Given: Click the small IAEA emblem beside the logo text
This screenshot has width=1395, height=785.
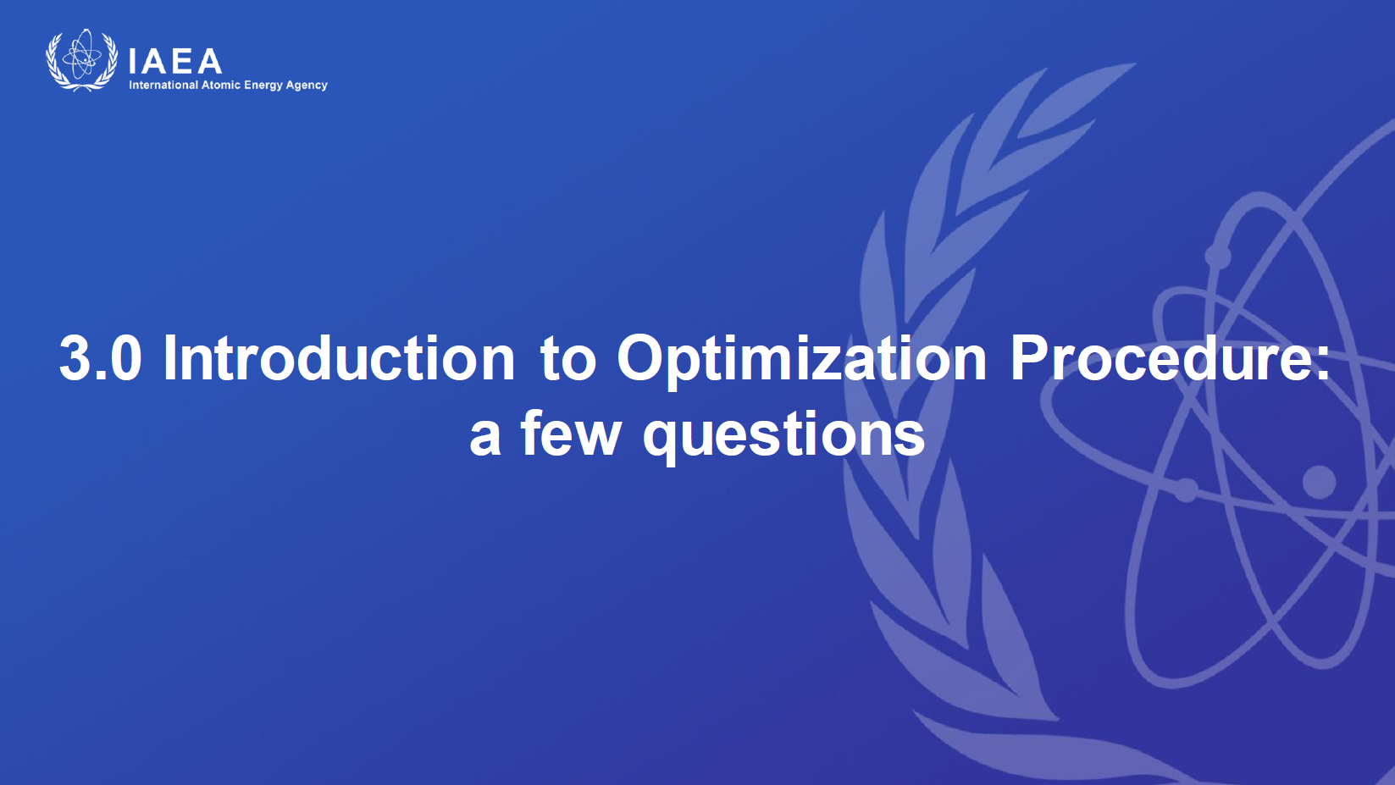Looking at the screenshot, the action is [x=81, y=60].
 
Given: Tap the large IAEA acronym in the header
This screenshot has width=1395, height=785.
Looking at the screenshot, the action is [x=175, y=61].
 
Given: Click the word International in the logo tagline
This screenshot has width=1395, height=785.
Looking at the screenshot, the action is [x=163, y=85].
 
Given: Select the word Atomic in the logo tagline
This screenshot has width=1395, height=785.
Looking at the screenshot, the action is [x=220, y=85].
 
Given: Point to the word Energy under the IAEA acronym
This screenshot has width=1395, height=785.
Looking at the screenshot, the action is [x=263, y=86].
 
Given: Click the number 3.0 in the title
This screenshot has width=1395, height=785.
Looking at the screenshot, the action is [x=100, y=358].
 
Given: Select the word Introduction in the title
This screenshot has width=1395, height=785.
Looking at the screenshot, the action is [x=339, y=358].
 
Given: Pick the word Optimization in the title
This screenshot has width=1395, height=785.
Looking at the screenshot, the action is [x=802, y=362].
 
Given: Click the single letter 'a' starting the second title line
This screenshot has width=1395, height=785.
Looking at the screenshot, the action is [x=485, y=438].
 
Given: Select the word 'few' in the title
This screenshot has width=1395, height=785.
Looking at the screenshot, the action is [x=571, y=433].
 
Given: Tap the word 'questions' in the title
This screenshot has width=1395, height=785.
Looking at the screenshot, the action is [x=784, y=438].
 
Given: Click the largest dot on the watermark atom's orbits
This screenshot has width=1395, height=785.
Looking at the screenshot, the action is [x=1319, y=482].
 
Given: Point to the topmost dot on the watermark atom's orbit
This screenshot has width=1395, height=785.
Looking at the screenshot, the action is [x=1217, y=256].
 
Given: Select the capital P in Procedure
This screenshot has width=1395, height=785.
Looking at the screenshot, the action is [x=1030, y=358].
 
